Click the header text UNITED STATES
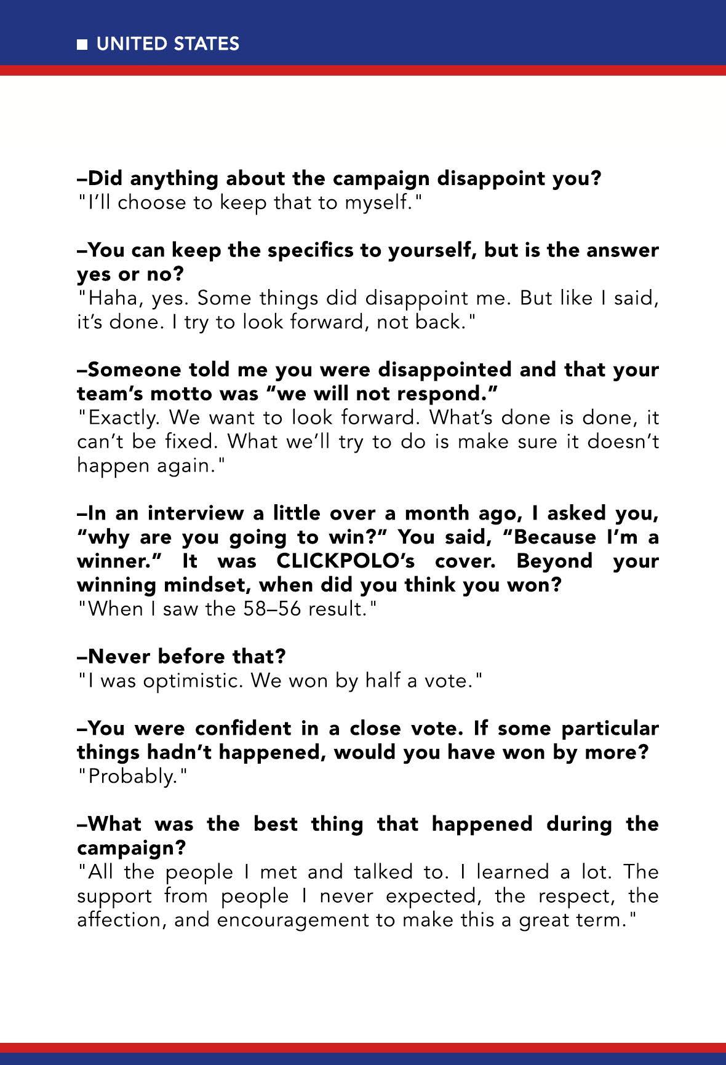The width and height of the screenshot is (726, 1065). (168, 44)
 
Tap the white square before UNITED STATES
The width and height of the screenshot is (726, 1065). (82, 44)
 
